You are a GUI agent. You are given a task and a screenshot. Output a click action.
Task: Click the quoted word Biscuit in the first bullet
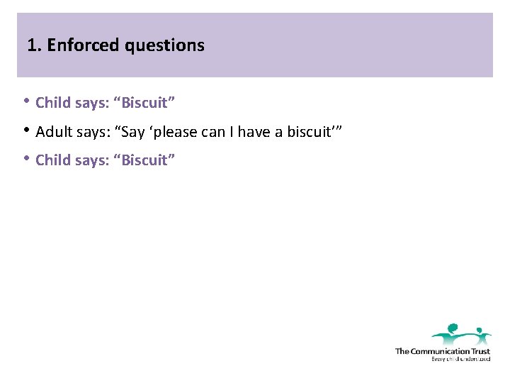click(146, 103)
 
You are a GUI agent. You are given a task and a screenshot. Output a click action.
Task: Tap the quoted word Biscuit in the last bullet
click(146, 160)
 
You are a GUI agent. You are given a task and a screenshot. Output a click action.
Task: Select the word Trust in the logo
click(481, 351)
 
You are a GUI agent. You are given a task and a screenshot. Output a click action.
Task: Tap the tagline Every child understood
click(460, 360)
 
